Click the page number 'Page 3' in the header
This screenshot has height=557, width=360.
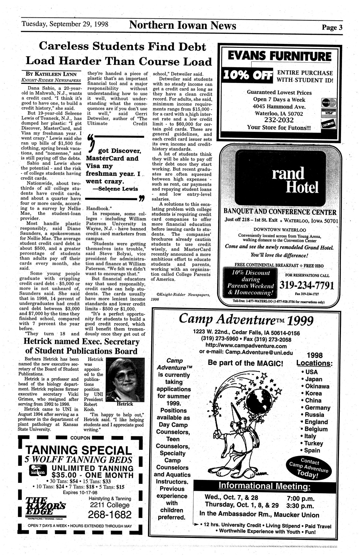(332, 28)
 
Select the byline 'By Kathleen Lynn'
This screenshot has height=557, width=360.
(53, 74)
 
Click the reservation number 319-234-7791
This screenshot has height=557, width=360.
(306, 285)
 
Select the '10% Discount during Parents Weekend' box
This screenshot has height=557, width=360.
(250, 282)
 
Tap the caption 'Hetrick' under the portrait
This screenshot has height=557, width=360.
(125, 404)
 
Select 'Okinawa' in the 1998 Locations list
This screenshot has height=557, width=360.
(317, 386)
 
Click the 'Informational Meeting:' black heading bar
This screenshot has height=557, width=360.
(264, 486)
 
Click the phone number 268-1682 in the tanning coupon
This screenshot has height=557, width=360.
(110, 514)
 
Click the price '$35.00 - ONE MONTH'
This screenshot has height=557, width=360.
(92, 475)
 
